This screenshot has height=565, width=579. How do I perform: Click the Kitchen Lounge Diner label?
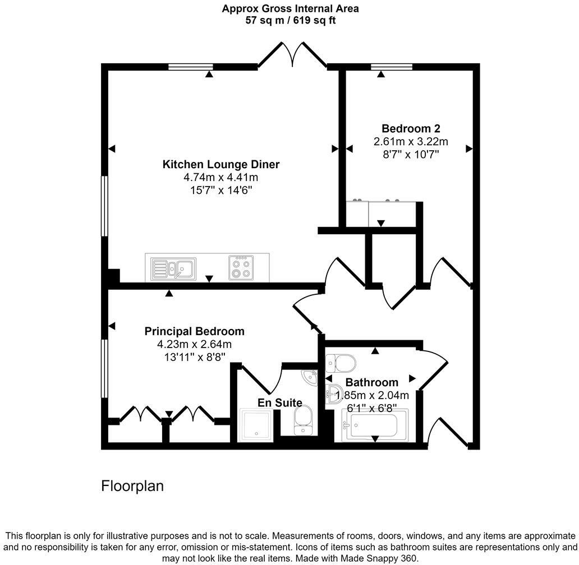click(x=220, y=164)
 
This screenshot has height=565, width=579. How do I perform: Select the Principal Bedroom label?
click(x=194, y=331)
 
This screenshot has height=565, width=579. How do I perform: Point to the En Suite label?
click(x=279, y=402)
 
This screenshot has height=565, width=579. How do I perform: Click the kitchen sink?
click(x=174, y=268)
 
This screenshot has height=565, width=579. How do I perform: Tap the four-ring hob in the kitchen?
click(x=242, y=267)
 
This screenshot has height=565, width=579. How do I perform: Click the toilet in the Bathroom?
click(x=340, y=364)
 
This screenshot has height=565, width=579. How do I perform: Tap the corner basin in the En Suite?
click(x=309, y=377)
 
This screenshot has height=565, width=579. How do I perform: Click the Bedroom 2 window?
click(x=392, y=67)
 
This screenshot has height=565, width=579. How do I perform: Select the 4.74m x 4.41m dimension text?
click(x=220, y=177)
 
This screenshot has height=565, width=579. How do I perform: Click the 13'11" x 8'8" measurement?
click(x=194, y=356)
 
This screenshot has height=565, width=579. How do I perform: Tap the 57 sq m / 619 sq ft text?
click(x=290, y=20)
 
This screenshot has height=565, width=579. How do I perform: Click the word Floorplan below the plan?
click(x=132, y=485)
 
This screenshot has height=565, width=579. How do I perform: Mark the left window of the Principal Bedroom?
click(x=104, y=368)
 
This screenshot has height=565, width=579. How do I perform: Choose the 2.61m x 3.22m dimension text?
click(x=411, y=141)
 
